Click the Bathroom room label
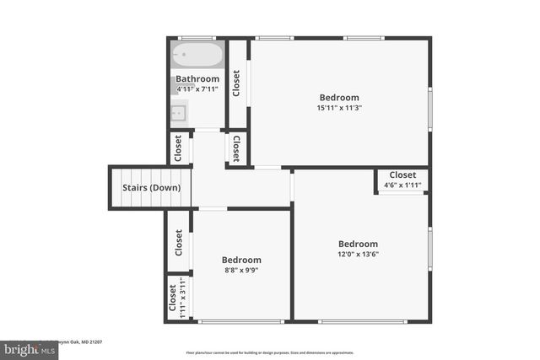tap(197, 78)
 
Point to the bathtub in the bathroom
tap(197, 56)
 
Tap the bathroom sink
tap(179, 110)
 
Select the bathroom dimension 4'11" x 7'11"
tap(197, 89)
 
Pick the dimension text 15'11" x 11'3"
tap(339, 108)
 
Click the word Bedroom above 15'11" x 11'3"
tap(338, 97)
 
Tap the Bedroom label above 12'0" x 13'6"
tap(359, 244)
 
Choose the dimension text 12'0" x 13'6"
tap(359, 255)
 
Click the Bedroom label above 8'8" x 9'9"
tap(241, 260)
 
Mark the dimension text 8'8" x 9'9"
tap(241, 271)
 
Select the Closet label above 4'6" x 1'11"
tap(402, 175)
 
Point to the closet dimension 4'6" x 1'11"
tap(402, 185)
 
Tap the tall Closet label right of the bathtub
tap(236, 83)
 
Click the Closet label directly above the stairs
tap(178, 148)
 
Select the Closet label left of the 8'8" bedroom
tap(179, 243)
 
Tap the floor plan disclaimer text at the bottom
tap(270, 352)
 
